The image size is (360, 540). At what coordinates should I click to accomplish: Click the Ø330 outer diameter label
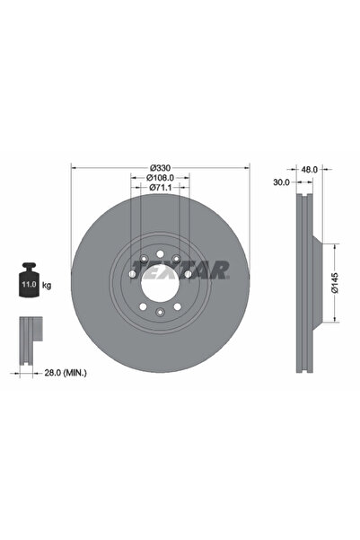coord(160,168)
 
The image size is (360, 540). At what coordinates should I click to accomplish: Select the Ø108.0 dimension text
coord(160,178)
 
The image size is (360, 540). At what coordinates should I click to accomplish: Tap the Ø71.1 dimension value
coord(160,188)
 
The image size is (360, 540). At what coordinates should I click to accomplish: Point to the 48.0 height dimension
coord(309,170)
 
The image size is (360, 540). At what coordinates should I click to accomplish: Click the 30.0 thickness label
coord(282,182)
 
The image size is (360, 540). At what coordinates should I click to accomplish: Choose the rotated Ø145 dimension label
coord(335,283)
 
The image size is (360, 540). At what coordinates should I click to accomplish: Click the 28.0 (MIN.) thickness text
coord(66,373)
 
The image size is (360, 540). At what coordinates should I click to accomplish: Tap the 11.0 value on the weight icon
coord(29,285)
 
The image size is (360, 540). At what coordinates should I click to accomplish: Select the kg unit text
coord(47,285)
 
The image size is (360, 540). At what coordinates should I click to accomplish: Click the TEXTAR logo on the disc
coord(180,270)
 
